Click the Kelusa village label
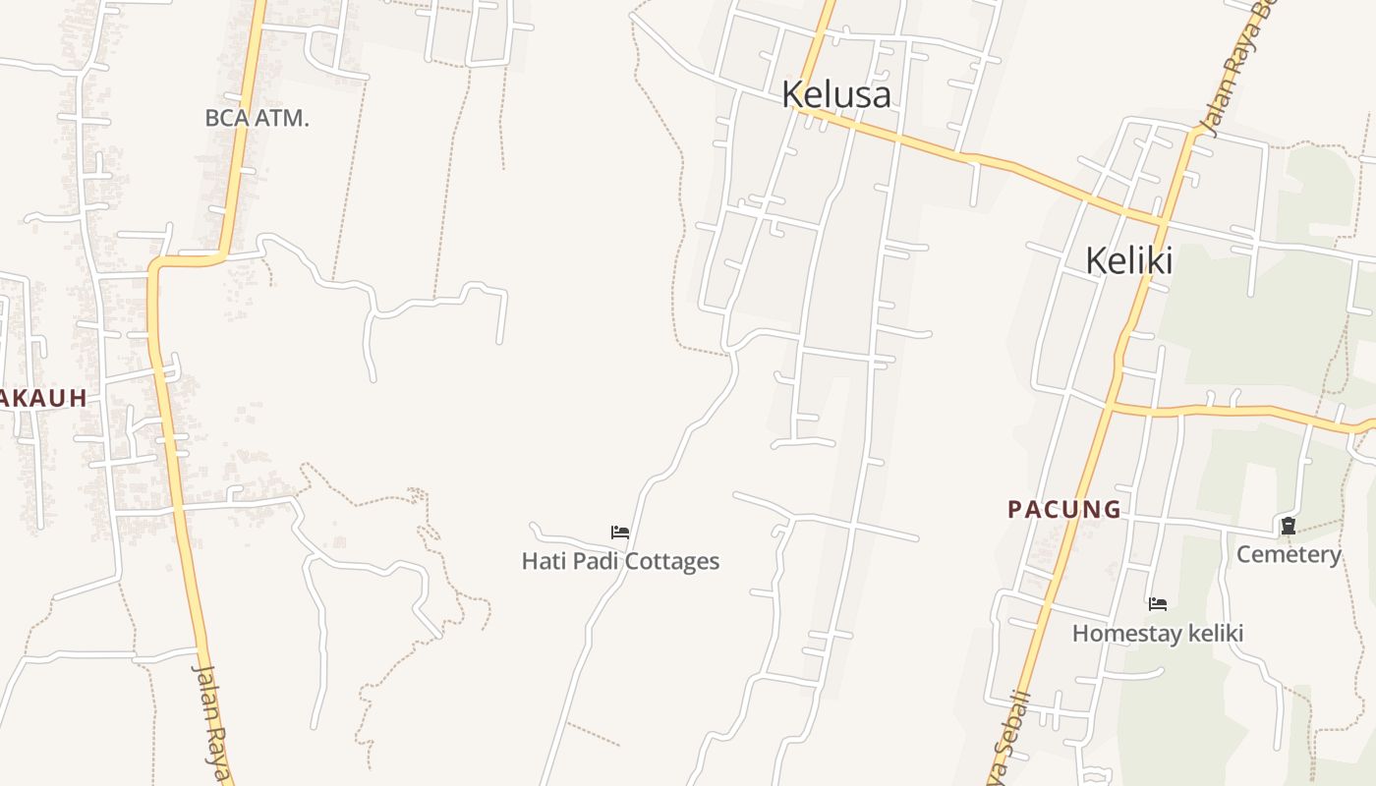pyautogui.click(x=836, y=94)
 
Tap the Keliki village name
pyautogui.click(x=1129, y=261)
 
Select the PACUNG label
pyautogui.click(x=1064, y=509)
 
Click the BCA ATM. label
pyautogui.click(x=257, y=119)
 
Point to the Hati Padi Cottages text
pyautogui.click(x=620, y=562)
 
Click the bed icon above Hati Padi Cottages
pyautogui.click(x=620, y=533)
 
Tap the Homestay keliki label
pyautogui.click(x=1157, y=634)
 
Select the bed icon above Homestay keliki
pyautogui.click(x=1158, y=603)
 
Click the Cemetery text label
pyautogui.click(x=1288, y=555)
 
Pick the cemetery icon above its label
pyautogui.click(x=1288, y=527)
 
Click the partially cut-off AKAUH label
pyautogui.click(x=43, y=398)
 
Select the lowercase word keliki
pyautogui.click(x=1215, y=634)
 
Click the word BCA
pyautogui.click(x=226, y=119)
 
